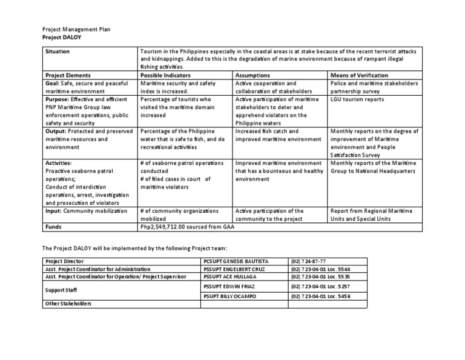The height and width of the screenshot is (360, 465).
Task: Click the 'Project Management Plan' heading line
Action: (x=76, y=28)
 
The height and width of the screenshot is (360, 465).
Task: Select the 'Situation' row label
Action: (x=58, y=52)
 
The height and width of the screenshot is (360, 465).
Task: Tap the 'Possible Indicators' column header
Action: (x=165, y=75)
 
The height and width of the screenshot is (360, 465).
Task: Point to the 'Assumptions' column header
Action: (x=253, y=75)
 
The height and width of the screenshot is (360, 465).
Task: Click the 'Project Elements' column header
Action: (x=67, y=75)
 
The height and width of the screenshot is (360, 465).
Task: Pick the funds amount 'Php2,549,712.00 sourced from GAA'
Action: (x=186, y=227)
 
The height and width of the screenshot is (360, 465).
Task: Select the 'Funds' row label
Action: (x=54, y=227)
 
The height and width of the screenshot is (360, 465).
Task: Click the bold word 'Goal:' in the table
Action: (x=54, y=83)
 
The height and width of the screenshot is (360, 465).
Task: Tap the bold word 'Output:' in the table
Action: (x=56, y=131)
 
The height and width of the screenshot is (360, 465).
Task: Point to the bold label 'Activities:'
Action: (x=58, y=163)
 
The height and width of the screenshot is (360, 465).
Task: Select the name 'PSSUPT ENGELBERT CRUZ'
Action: (x=235, y=268)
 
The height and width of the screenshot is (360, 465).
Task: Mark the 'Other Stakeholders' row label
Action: (x=68, y=304)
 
